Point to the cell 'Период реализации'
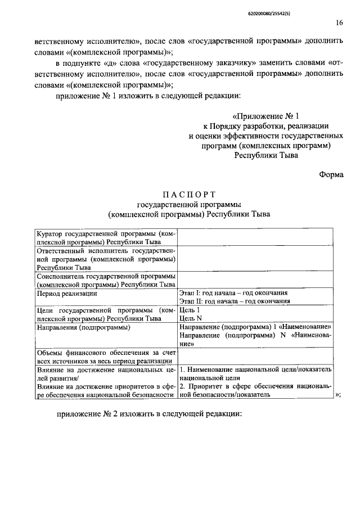coord(67,294)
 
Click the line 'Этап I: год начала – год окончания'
coord(234,294)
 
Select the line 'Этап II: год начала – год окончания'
coord(235,301)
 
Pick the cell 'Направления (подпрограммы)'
coord(83,327)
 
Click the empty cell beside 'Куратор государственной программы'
coord(255,237)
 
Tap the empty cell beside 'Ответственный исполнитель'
coord(255,259)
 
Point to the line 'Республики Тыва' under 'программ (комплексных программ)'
coord(266,156)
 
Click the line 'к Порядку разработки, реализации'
coord(266,126)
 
